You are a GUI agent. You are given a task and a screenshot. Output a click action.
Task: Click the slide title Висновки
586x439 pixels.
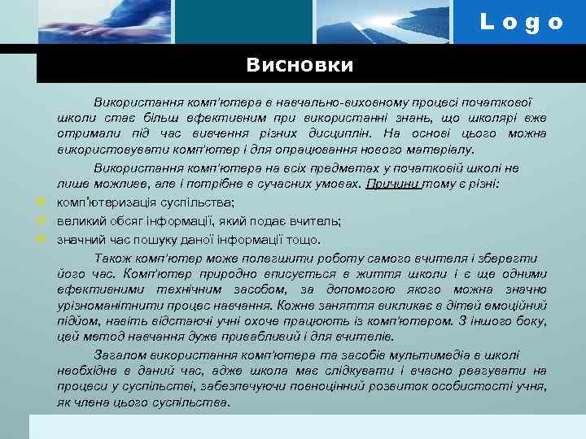click(300, 64)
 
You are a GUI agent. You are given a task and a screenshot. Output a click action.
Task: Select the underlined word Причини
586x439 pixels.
click(393, 185)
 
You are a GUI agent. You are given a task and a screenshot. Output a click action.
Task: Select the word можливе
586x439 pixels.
click(114, 185)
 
